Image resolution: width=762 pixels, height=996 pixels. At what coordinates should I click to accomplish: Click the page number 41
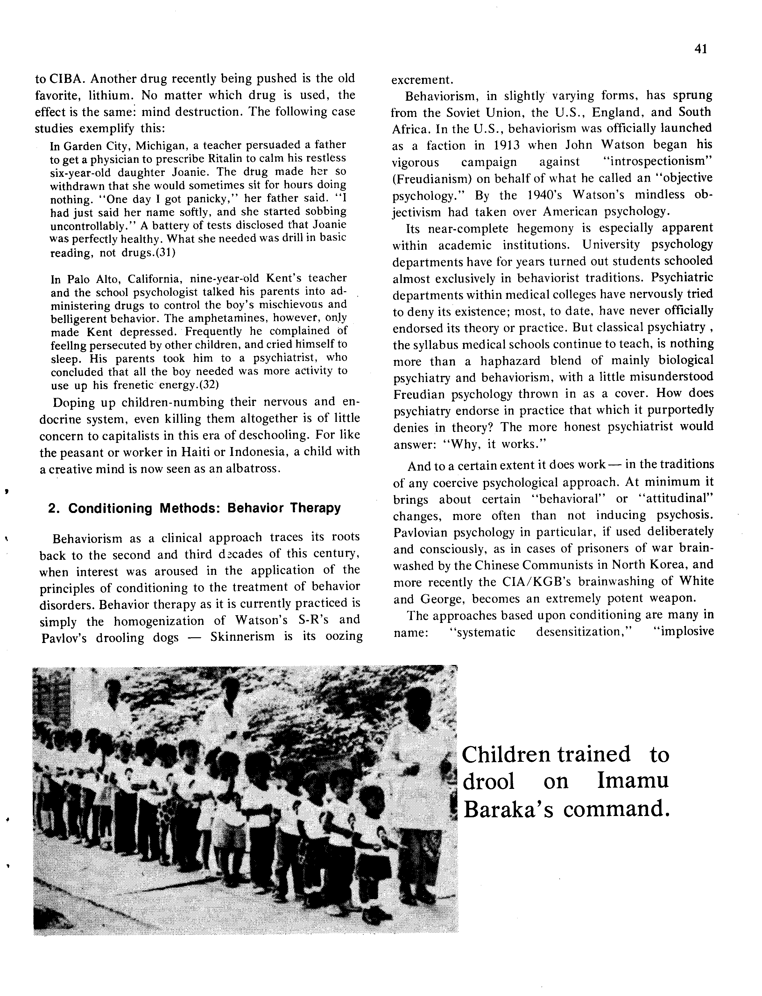click(x=700, y=49)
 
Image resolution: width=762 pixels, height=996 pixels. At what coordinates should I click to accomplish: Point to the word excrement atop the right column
click(x=422, y=80)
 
